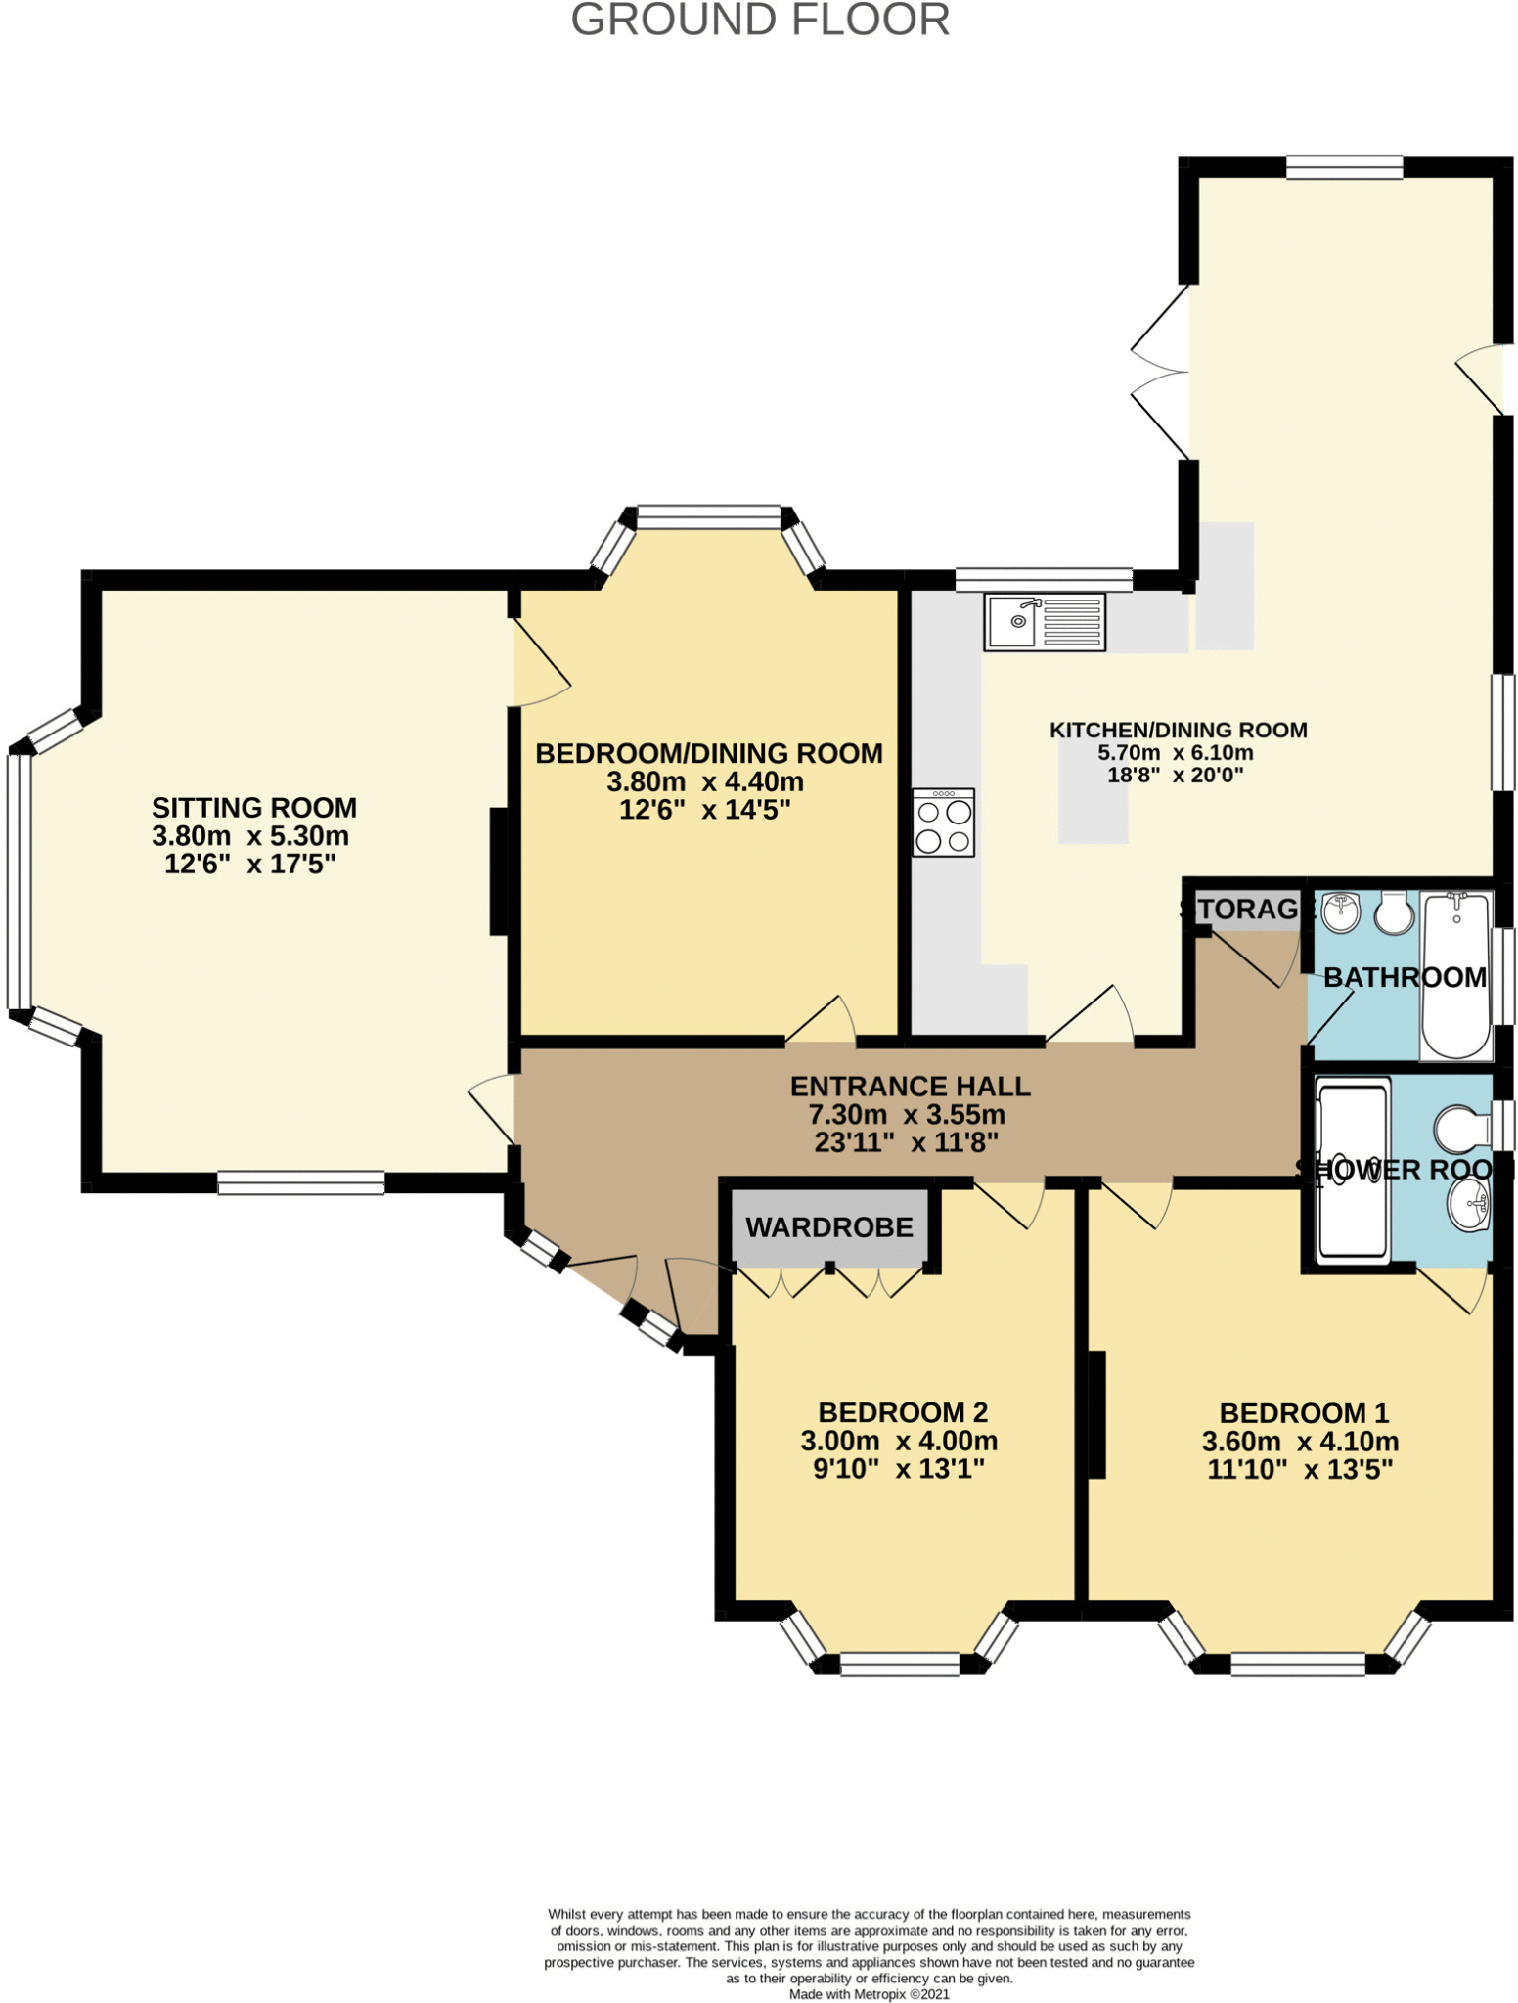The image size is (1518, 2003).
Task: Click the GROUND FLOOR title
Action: pyautogui.click(x=760, y=20)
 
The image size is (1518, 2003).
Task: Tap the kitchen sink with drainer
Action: pyautogui.click(x=1045, y=621)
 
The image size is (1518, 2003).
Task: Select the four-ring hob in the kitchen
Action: pyautogui.click(x=943, y=823)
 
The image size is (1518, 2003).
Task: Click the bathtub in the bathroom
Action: pyautogui.click(x=1456, y=975)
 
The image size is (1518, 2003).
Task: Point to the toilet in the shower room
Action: pyautogui.click(x=1461, y=1129)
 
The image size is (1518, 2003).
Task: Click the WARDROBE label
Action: pyautogui.click(x=829, y=1226)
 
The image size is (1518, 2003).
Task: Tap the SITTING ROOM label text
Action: pyautogui.click(x=254, y=808)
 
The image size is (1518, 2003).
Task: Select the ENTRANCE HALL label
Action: pyautogui.click(x=910, y=1087)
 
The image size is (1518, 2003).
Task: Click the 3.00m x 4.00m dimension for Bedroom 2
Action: pyautogui.click(x=899, y=1441)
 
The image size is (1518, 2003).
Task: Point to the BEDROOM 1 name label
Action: pyautogui.click(x=1304, y=1413)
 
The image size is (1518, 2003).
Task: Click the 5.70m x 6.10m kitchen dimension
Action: pyautogui.click(x=1176, y=753)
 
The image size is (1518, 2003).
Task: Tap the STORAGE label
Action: pyautogui.click(x=1240, y=909)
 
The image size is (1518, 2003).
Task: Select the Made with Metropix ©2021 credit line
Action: pyautogui.click(x=869, y=1994)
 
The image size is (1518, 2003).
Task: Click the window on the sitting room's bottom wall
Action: pyautogui.click(x=301, y=1182)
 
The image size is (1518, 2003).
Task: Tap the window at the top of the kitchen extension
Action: pyautogui.click(x=1344, y=167)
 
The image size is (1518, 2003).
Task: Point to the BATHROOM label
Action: pyautogui.click(x=1405, y=977)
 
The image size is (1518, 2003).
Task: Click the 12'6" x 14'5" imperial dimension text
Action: pyautogui.click(x=704, y=810)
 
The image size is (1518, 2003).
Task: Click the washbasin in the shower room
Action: pyautogui.click(x=1467, y=1205)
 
